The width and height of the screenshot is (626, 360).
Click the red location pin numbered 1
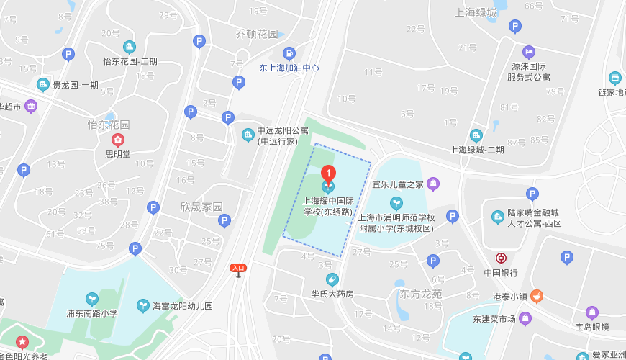tap(328, 174)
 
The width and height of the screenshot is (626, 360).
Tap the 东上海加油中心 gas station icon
tap(289, 53)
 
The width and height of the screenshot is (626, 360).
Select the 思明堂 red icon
tap(117, 140)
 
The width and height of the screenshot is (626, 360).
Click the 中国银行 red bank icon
tap(501, 258)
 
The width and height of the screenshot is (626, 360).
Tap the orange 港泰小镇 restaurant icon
tap(537, 296)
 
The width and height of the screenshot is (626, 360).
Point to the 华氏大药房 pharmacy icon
tap(332, 279)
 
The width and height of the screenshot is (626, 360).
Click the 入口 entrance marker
tap(238, 268)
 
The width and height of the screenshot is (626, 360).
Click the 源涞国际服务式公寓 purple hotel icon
tap(529, 52)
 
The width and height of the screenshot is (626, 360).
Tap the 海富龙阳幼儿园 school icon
tap(143, 306)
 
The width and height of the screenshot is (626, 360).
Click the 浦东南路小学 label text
tap(91, 313)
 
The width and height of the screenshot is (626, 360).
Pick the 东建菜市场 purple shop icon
tap(525, 318)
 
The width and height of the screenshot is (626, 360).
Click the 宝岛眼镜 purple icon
tap(592, 312)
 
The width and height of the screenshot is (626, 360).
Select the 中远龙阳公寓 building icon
tap(248, 135)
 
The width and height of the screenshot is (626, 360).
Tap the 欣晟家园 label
tap(201, 206)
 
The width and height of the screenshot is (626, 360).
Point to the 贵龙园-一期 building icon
tap(43, 84)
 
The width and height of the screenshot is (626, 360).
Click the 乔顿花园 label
tap(257, 34)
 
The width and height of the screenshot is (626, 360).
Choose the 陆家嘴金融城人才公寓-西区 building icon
tap(497, 217)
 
